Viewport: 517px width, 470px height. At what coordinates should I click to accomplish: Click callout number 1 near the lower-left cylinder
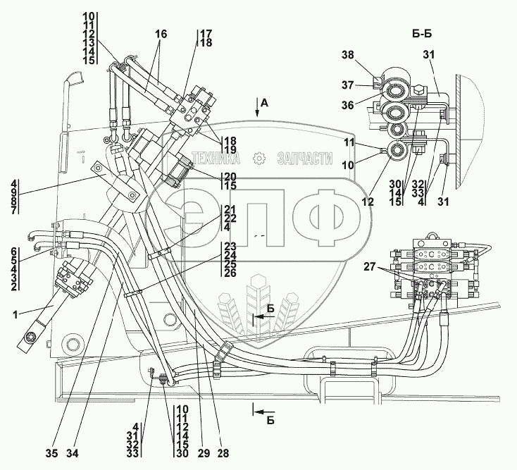tap(15, 315)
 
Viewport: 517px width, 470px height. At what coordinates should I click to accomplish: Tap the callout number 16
tap(161, 34)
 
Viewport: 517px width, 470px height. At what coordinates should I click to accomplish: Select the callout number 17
tap(206, 34)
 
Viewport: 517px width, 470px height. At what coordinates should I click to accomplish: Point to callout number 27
tap(370, 266)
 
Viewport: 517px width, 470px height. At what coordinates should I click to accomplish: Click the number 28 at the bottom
tap(223, 453)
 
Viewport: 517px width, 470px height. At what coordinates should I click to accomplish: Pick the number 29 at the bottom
tap(204, 453)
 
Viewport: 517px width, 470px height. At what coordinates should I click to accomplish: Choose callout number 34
tap(73, 454)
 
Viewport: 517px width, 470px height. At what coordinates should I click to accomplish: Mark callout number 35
tap(51, 454)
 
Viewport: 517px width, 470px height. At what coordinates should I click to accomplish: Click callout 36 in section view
tap(347, 105)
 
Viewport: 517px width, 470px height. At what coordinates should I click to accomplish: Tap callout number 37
tap(347, 85)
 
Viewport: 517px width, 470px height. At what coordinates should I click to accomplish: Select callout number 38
tap(347, 55)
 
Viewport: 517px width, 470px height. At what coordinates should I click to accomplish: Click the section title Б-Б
tap(422, 34)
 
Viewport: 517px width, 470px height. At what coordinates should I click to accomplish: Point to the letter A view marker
tap(264, 104)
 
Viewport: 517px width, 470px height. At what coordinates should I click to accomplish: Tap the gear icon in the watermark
tap(258, 159)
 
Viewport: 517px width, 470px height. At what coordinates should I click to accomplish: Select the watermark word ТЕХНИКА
tap(216, 159)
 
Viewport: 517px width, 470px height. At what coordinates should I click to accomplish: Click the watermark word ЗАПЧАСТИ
tap(305, 159)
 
